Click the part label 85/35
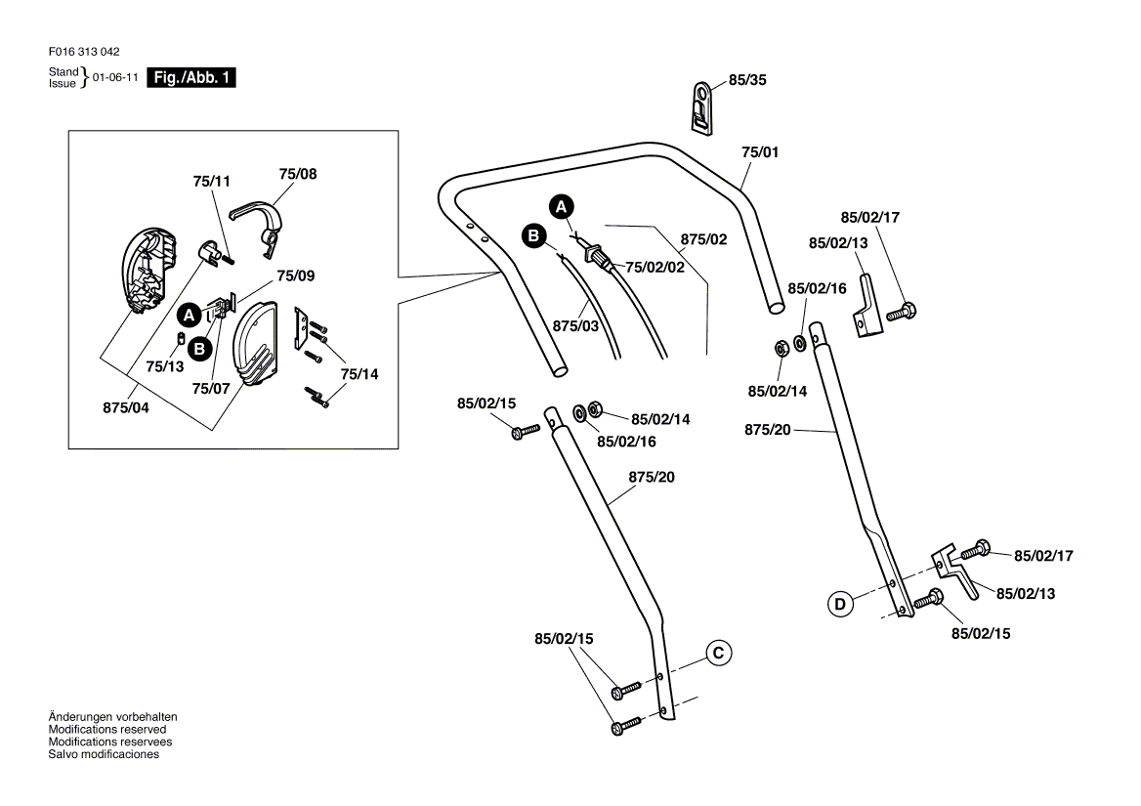(747, 81)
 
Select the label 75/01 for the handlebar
(760, 152)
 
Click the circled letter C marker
(717, 652)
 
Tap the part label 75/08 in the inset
(297, 173)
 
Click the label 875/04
(126, 408)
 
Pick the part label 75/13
(164, 366)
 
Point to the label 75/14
(359, 374)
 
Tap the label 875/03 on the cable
(575, 325)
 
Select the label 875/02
(704, 238)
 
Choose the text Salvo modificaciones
(104, 754)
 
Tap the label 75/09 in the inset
(296, 276)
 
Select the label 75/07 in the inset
(212, 388)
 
